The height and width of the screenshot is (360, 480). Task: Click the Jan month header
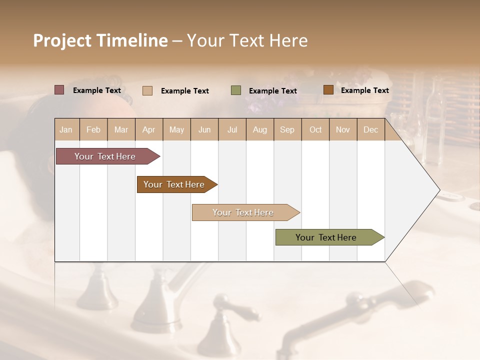click(x=66, y=130)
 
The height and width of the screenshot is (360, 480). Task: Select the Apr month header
click(x=148, y=130)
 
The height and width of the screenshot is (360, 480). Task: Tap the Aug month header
click(x=259, y=130)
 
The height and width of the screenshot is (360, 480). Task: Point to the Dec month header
click(x=370, y=130)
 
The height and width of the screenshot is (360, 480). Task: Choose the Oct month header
click(x=315, y=130)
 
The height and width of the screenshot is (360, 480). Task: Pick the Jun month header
click(x=204, y=130)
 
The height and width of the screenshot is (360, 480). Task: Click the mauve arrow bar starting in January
click(x=105, y=156)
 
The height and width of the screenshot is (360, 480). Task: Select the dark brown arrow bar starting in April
click(x=174, y=184)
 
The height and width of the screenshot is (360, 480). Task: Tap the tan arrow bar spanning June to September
click(x=243, y=212)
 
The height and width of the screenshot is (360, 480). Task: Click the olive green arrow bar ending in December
click(x=326, y=237)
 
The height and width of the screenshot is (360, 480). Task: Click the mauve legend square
click(x=59, y=90)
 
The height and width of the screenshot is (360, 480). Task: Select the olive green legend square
click(x=236, y=90)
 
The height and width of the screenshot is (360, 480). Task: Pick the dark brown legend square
click(x=328, y=90)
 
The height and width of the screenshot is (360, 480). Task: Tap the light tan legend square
click(x=147, y=90)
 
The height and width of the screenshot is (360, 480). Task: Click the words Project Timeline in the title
click(x=100, y=40)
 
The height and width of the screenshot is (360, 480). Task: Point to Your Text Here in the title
click(x=247, y=40)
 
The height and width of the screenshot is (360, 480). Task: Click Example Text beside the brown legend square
click(x=364, y=90)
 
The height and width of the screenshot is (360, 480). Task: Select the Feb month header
click(x=93, y=130)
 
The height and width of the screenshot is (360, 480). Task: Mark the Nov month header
click(x=343, y=130)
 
